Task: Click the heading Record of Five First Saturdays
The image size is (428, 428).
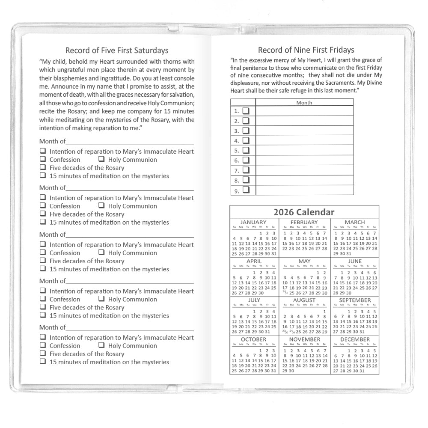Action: pos(116,51)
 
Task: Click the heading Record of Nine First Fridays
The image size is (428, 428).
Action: pos(306,50)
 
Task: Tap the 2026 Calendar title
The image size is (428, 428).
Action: pos(304,212)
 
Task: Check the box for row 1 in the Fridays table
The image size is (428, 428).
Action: pos(246,111)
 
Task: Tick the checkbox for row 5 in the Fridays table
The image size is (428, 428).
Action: pos(246,151)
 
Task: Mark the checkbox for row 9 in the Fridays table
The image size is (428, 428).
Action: pos(246,190)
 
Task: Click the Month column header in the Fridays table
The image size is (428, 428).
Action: pos(304,103)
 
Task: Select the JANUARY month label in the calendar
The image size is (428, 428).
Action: pos(253,222)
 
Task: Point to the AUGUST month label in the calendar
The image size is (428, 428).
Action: pos(304,300)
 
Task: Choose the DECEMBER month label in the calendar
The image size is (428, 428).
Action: pos(354,339)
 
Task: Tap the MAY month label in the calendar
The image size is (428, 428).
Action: pos(304,261)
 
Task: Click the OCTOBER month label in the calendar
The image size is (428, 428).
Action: pos(253,339)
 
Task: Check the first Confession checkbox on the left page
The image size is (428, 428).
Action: pos(43,159)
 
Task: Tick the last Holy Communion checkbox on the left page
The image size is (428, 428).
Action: pos(101,345)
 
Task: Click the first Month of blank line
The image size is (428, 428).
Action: pos(130,142)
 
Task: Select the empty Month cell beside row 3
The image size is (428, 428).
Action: pos(304,131)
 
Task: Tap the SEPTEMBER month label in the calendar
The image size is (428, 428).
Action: pos(354,300)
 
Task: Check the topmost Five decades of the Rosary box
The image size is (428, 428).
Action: pos(43,167)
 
